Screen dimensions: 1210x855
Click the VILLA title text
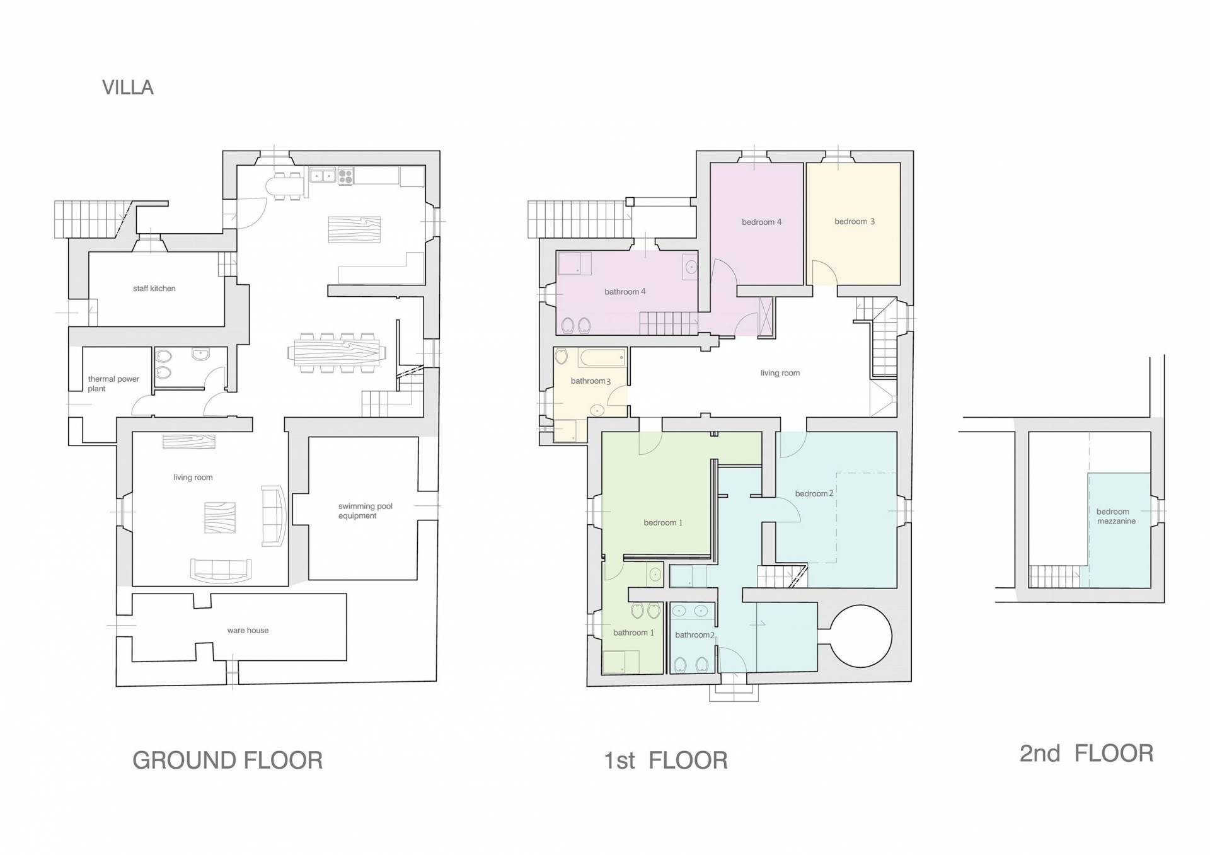128,87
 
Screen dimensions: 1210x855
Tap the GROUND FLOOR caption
228,760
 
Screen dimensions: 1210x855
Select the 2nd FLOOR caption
1086,754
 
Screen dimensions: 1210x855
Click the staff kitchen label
154,289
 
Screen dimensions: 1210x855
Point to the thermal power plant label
113,384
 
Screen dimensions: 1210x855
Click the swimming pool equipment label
365,511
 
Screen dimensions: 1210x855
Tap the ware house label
248,630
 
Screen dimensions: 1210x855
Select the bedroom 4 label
761,222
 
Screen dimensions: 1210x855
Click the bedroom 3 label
855,221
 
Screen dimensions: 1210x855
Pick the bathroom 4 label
625,292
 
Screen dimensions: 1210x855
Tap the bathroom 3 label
591,381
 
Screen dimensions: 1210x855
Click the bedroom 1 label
663,522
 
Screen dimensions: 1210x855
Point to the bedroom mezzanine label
1115,517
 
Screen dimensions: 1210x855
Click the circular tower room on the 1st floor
860,636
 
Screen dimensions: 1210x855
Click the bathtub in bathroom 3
602,358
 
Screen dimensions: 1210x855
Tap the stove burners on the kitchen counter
345,176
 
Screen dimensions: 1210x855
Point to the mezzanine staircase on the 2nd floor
1054,576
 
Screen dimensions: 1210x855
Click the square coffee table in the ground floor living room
220,518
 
